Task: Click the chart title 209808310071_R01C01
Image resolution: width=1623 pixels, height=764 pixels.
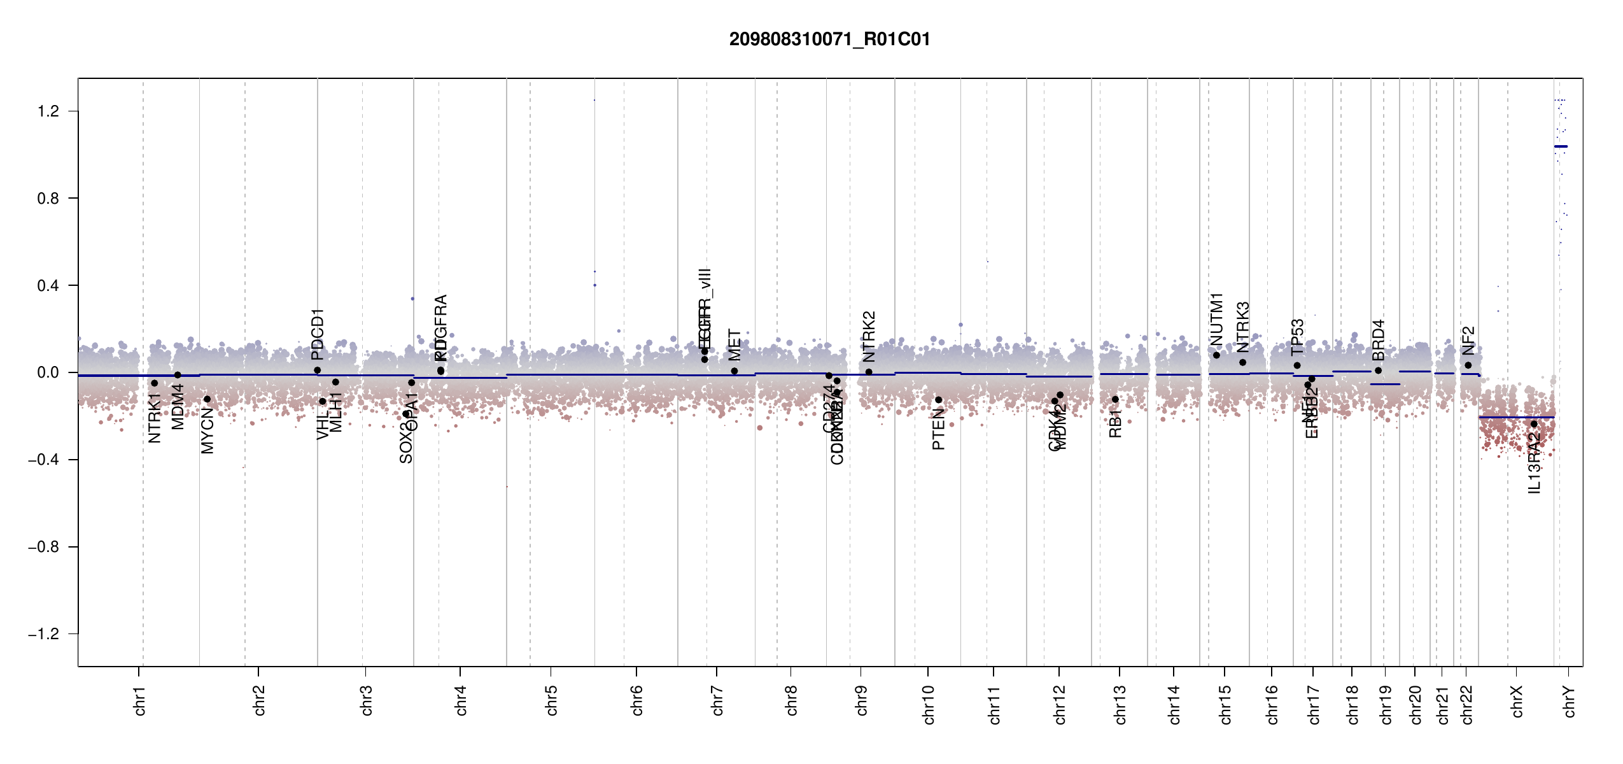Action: pyautogui.click(x=829, y=39)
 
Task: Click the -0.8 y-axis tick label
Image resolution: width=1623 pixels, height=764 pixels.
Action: pyautogui.click(x=43, y=547)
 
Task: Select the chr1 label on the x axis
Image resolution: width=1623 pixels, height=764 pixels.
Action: pyautogui.click(x=140, y=700)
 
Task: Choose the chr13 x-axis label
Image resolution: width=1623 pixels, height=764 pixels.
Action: pyautogui.click(x=1120, y=704)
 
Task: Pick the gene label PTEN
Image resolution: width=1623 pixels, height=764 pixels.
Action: pyautogui.click(x=938, y=430)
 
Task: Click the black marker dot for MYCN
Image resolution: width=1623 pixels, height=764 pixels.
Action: pyautogui.click(x=207, y=399)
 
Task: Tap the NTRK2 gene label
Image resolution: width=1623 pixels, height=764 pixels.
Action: pyautogui.click(x=869, y=336)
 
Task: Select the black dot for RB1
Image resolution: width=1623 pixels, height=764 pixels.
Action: pyautogui.click(x=1115, y=399)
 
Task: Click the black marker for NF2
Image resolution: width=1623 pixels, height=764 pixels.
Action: pyautogui.click(x=1468, y=365)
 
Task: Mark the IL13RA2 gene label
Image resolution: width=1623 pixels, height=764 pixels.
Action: pyautogui.click(x=1534, y=463)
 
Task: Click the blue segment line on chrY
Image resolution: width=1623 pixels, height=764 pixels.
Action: pyautogui.click(x=1561, y=146)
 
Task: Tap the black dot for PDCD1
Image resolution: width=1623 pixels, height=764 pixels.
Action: pyautogui.click(x=317, y=370)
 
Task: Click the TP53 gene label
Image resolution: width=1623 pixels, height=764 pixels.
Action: pyautogui.click(x=1297, y=337)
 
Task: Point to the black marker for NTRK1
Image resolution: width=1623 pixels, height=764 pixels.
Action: pyautogui.click(x=154, y=383)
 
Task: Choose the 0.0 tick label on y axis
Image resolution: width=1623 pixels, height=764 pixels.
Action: pyautogui.click(x=48, y=372)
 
